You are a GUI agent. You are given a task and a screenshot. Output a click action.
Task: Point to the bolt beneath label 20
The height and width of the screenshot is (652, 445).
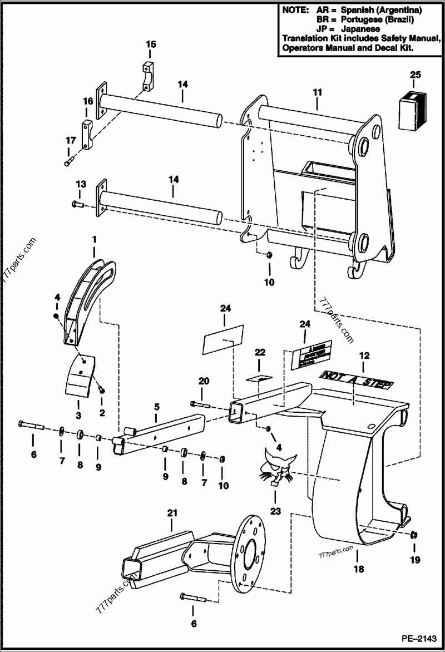(x=200, y=403)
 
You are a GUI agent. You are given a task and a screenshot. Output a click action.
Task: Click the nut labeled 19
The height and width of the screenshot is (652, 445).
(x=413, y=535)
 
